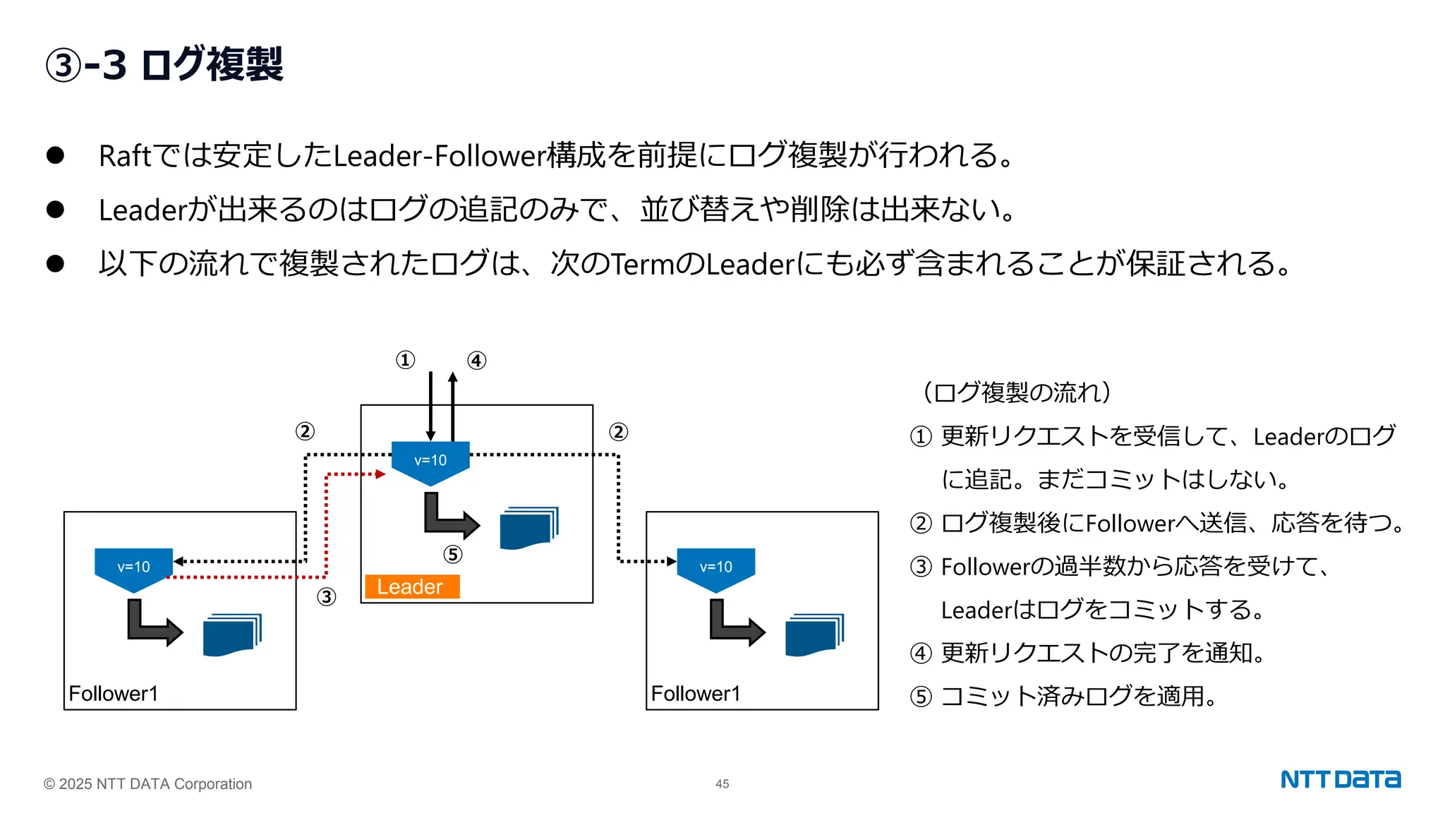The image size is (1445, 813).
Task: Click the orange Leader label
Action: click(412, 586)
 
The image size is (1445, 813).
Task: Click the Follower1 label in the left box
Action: click(113, 693)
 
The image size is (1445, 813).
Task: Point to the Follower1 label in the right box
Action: click(695, 693)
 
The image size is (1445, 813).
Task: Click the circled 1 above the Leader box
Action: click(405, 361)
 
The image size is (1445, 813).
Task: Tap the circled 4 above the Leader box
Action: click(477, 361)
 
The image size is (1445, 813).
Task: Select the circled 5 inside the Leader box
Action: click(453, 555)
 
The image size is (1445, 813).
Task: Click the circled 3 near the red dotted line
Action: click(326, 597)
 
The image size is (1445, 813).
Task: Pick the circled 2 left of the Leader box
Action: click(305, 431)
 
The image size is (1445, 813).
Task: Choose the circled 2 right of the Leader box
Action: click(619, 432)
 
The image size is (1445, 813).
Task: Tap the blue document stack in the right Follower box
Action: click(814, 635)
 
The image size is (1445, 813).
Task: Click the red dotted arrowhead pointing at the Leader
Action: click(381, 474)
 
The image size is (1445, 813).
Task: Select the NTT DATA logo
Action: click(1340, 779)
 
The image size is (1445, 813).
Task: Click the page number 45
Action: click(722, 784)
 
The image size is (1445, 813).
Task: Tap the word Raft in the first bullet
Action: click(124, 156)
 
